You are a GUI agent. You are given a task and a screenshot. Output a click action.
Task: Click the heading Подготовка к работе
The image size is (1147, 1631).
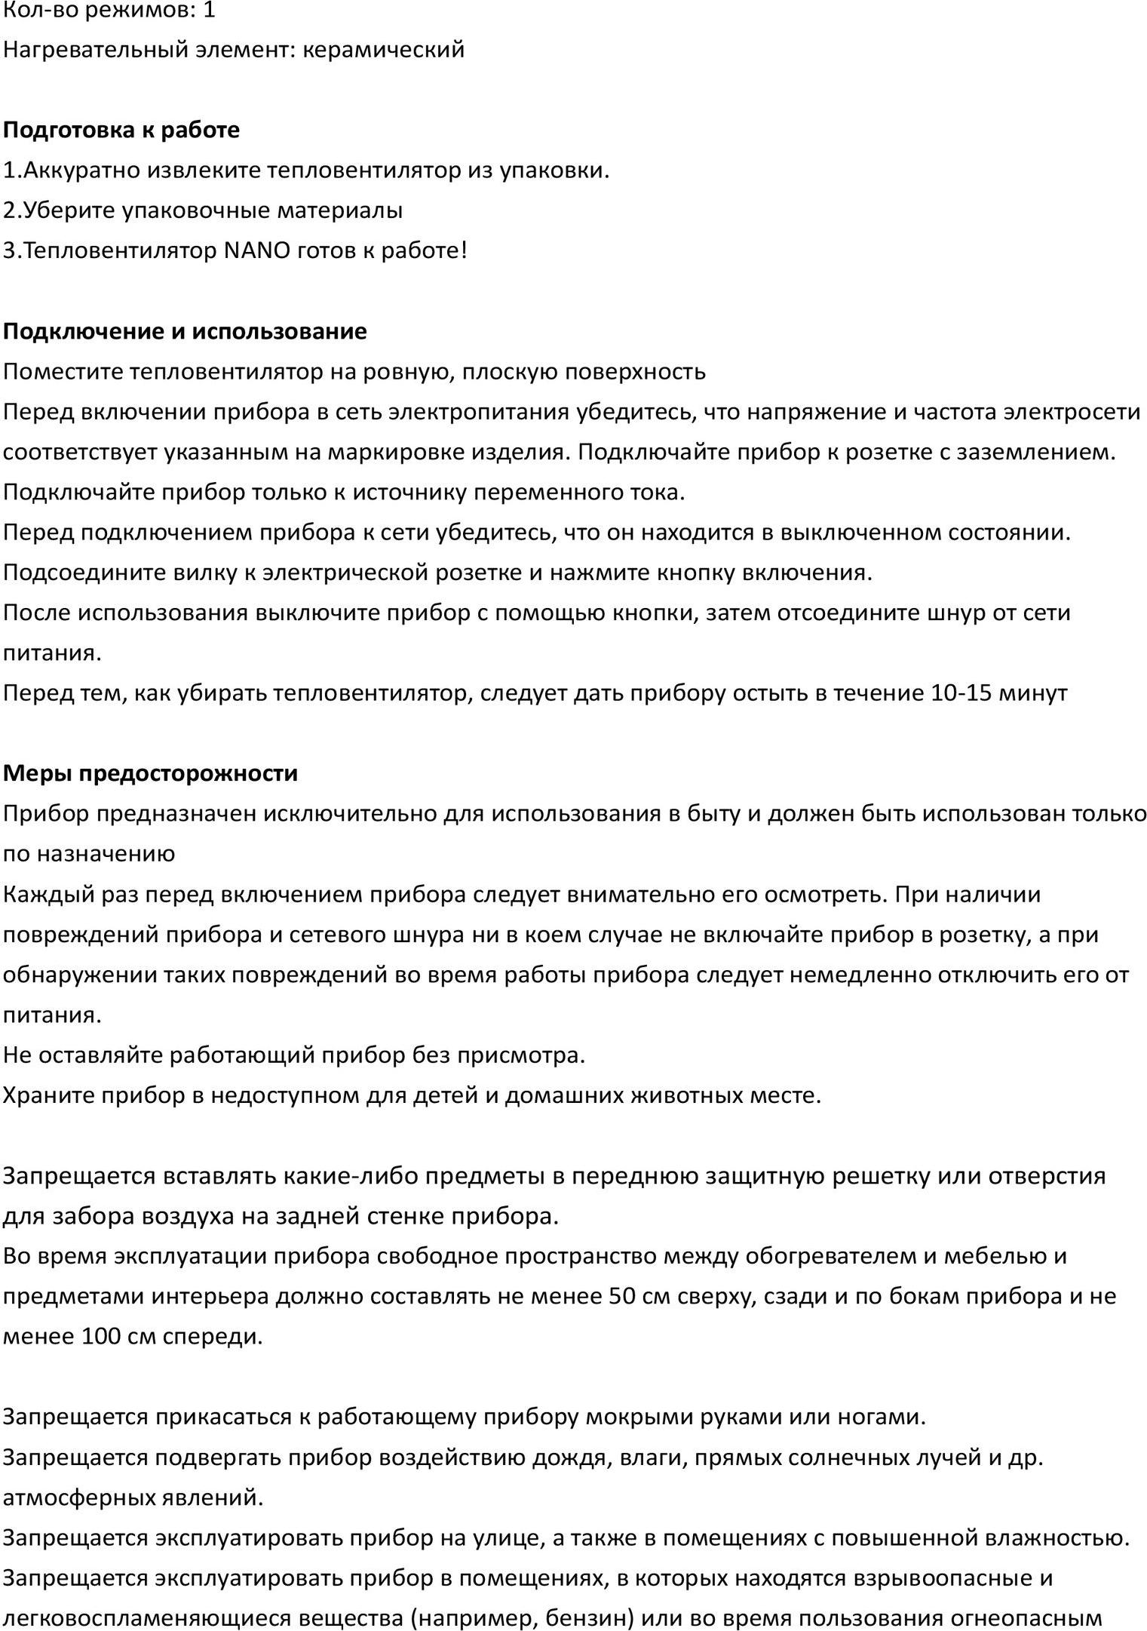121,130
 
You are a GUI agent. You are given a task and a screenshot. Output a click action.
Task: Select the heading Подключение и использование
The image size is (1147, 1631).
185,331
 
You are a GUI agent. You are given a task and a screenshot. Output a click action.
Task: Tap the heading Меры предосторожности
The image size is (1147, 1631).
150,773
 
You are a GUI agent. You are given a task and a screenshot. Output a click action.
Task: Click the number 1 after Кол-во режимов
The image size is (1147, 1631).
209,10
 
